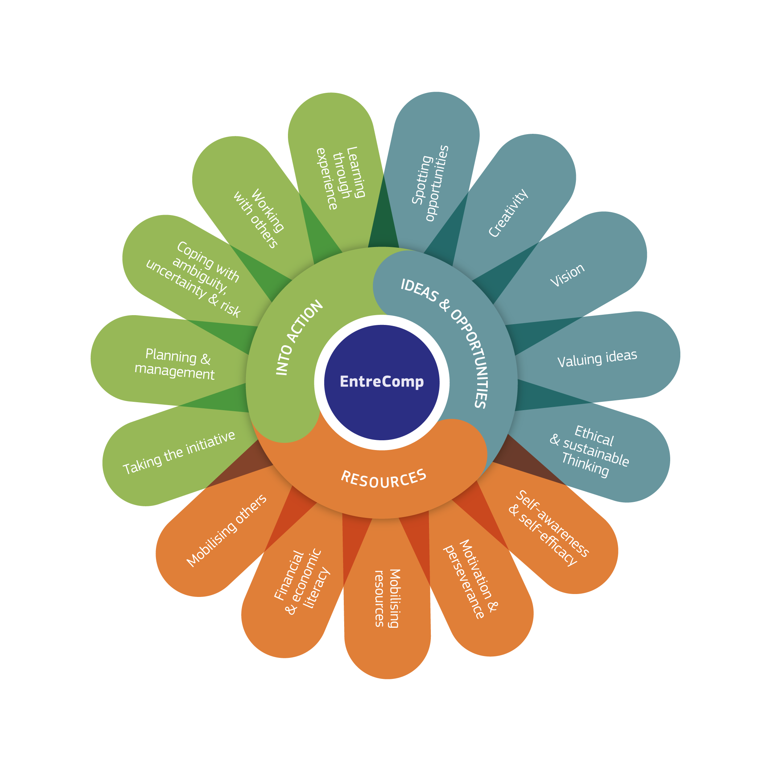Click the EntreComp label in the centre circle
point(382,382)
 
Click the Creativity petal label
point(508,213)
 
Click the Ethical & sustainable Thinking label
point(590,451)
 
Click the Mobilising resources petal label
point(387,599)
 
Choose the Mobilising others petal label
point(226,531)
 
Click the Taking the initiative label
point(179,453)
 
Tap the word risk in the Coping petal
point(230,308)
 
